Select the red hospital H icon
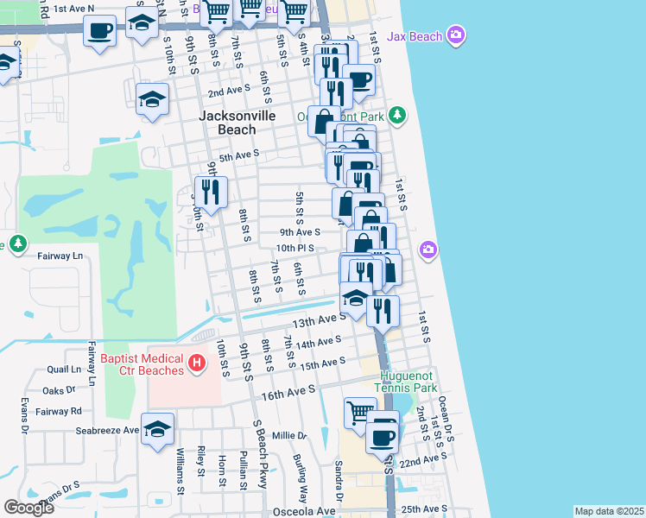(197, 363)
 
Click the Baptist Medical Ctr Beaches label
(142, 364)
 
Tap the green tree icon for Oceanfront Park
(396, 114)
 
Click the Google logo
(29, 508)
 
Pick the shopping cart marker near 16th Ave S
(360, 411)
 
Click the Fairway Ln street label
(59, 256)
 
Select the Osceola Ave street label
(305, 511)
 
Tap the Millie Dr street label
(289, 436)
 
